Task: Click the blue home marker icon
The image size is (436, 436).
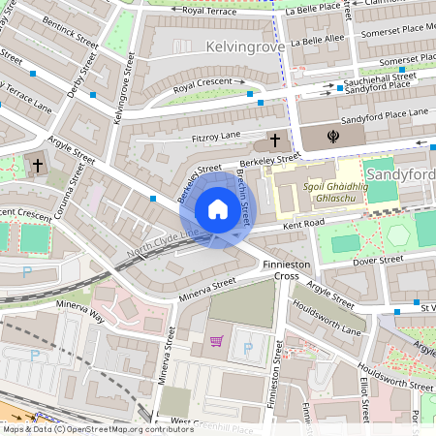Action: coord(218,209)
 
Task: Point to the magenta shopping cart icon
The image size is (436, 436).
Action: coord(216,341)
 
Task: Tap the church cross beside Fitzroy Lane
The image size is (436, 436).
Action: coord(274,140)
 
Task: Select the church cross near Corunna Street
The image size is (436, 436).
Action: coord(38,166)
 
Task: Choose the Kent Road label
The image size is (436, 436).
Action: coord(302,225)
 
